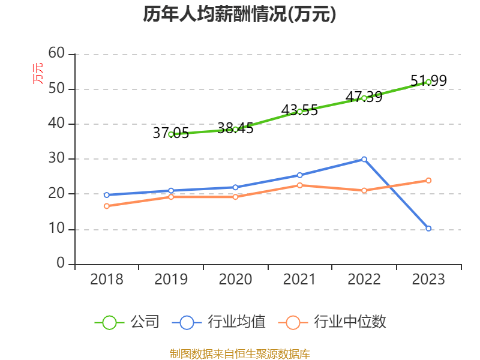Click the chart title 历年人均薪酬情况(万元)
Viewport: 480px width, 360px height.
coord(239,15)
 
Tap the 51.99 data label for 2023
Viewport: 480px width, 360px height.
coord(428,80)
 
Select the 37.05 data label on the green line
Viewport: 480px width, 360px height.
coord(170,133)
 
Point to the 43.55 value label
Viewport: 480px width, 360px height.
coord(299,110)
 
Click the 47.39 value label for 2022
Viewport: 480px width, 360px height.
coord(364,97)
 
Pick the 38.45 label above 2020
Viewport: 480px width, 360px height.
coord(235,128)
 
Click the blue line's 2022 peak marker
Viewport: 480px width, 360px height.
coord(364,159)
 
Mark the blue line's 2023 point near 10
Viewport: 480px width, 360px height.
coord(428,229)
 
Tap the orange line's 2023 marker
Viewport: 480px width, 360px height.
coord(428,180)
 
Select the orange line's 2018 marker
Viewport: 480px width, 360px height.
coord(106,206)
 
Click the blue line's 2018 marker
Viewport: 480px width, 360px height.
coord(106,195)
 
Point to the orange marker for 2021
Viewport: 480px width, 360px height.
coord(299,185)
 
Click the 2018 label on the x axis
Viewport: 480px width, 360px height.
coord(106,280)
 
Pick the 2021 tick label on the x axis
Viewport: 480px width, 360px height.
coord(299,280)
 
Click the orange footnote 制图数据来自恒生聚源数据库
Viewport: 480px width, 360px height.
coord(239,353)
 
